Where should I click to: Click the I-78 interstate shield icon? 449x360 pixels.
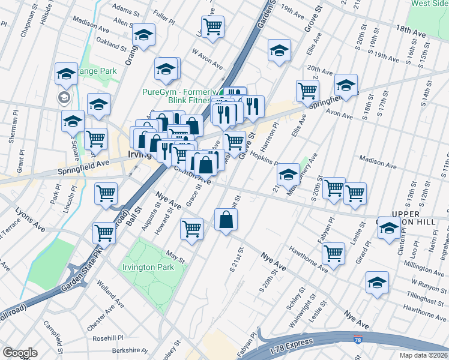358,340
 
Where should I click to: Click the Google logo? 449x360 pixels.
20,353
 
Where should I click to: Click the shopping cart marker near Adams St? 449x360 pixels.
212,26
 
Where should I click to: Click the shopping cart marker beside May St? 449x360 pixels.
192,229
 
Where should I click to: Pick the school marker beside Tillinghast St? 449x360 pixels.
377,283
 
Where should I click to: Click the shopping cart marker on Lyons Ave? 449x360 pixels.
104,232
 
